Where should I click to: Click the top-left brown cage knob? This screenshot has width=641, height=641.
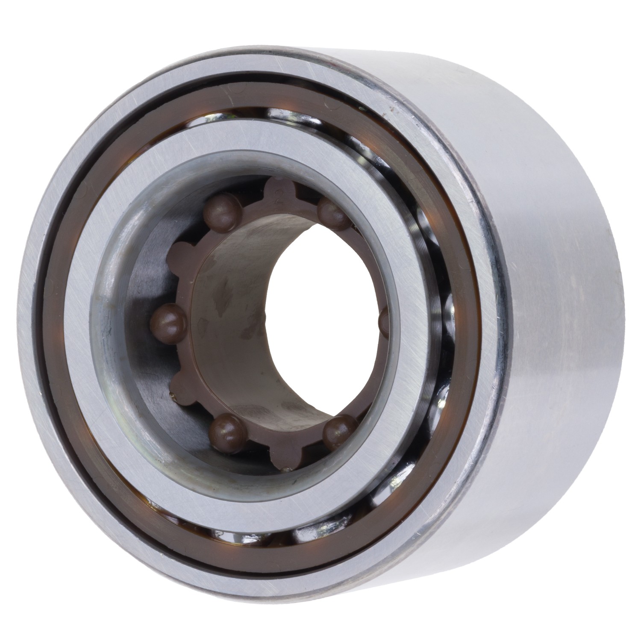[x=222, y=209]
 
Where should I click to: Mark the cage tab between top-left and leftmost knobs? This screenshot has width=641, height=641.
[x=182, y=252]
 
